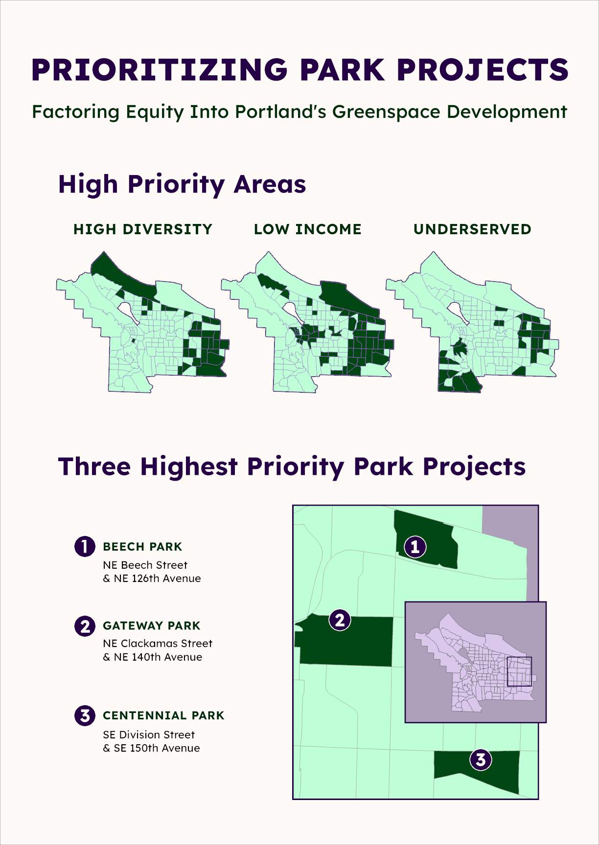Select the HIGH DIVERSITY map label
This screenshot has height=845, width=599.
coord(143,229)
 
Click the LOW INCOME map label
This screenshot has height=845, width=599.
coord(307,229)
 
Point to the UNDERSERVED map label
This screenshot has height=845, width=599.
coord(472,229)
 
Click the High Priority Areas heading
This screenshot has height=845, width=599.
coord(182,184)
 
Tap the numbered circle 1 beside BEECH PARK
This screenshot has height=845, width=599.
coord(85,546)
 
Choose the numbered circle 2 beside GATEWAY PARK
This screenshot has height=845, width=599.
coord(85,626)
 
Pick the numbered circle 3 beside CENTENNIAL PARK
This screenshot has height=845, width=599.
coord(85,715)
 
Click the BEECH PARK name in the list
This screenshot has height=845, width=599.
coord(142,547)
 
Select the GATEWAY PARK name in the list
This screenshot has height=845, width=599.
coord(152,626)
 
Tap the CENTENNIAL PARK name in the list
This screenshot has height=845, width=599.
coord(163,715)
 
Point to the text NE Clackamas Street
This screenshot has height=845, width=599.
coord(158,644)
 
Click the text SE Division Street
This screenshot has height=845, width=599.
coord(149,734)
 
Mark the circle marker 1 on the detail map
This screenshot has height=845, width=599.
coord(415,547)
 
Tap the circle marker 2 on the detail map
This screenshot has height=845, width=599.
coord(340,620)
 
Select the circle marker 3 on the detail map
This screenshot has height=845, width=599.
coord(481,759)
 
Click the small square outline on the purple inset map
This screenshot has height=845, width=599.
coord(519,671)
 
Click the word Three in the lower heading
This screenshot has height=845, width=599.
coord(94,467)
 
